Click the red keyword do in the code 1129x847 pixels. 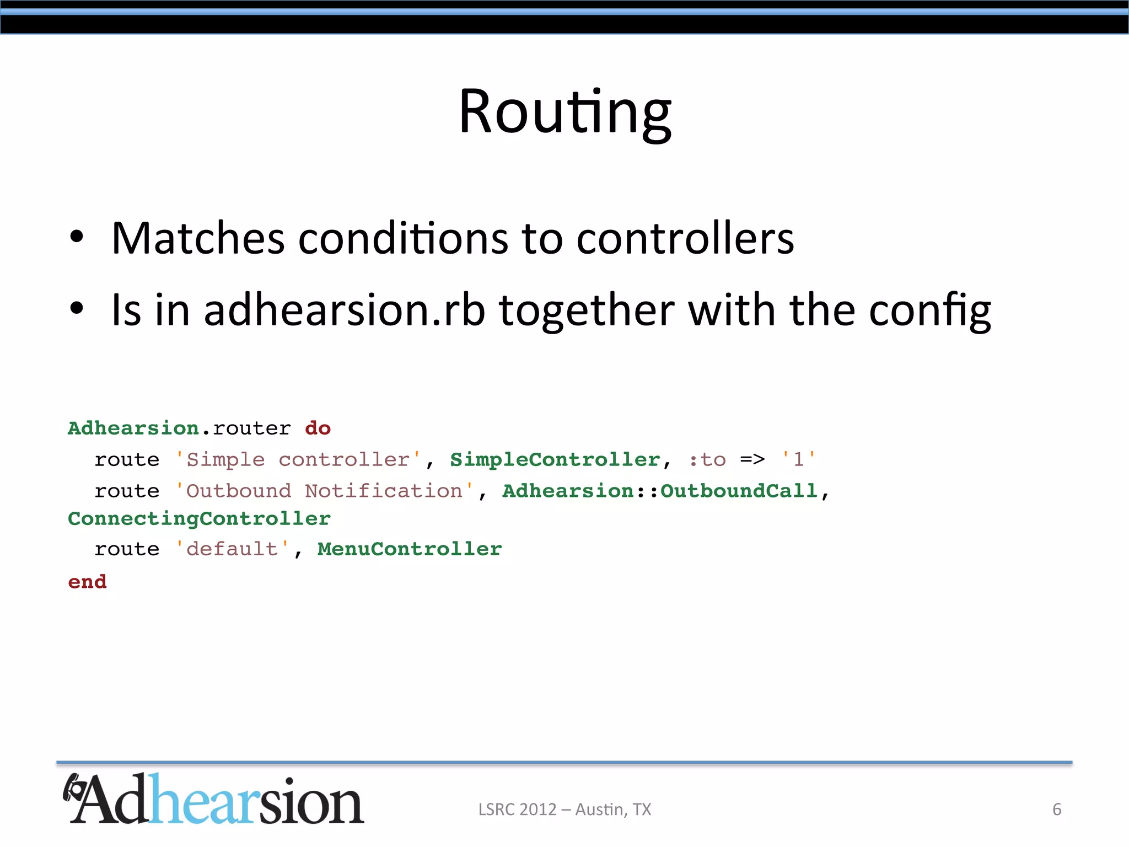click(318, 428)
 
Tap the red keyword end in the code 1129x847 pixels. click(87, 582)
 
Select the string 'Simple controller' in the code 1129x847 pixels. click(298, 459)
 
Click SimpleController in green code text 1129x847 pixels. click(555, 459)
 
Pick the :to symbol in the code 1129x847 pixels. click(707, 459)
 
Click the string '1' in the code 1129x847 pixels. click(798, 459)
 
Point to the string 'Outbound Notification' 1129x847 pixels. click(324, 491)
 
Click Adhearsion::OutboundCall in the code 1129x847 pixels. click(660, 491)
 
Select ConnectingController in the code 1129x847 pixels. click(199, 519)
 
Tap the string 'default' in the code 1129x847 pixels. click(232, 549)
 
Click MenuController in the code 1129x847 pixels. click(410, 549)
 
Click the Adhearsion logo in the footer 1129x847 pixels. click(213, 800)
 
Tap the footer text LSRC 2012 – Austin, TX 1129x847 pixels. click(564, 810)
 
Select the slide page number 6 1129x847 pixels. click(1057, 810)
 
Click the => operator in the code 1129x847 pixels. click(752, 459)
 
